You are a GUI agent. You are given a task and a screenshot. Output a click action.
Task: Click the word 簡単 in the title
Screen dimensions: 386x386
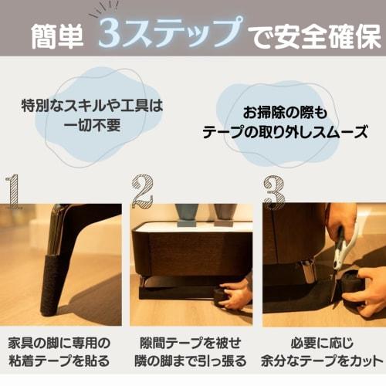(x=59, y=36)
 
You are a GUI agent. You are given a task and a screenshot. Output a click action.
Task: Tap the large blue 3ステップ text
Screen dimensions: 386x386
(x=168, y=33)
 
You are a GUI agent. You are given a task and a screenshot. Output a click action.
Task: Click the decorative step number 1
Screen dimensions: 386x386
(x=12, y=193)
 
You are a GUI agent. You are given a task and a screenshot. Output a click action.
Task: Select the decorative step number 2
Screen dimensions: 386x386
(x=142, y=192)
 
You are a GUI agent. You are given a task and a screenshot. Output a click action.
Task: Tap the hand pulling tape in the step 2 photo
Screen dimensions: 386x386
(x=235, y=296)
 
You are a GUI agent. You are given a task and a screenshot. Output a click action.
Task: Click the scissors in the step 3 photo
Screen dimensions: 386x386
(x=340, y=251)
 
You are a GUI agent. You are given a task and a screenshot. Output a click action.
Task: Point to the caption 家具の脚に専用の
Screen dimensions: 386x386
(x=59, y=342)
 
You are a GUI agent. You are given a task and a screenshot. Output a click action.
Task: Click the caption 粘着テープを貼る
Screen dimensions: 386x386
(x=59, y=361)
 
